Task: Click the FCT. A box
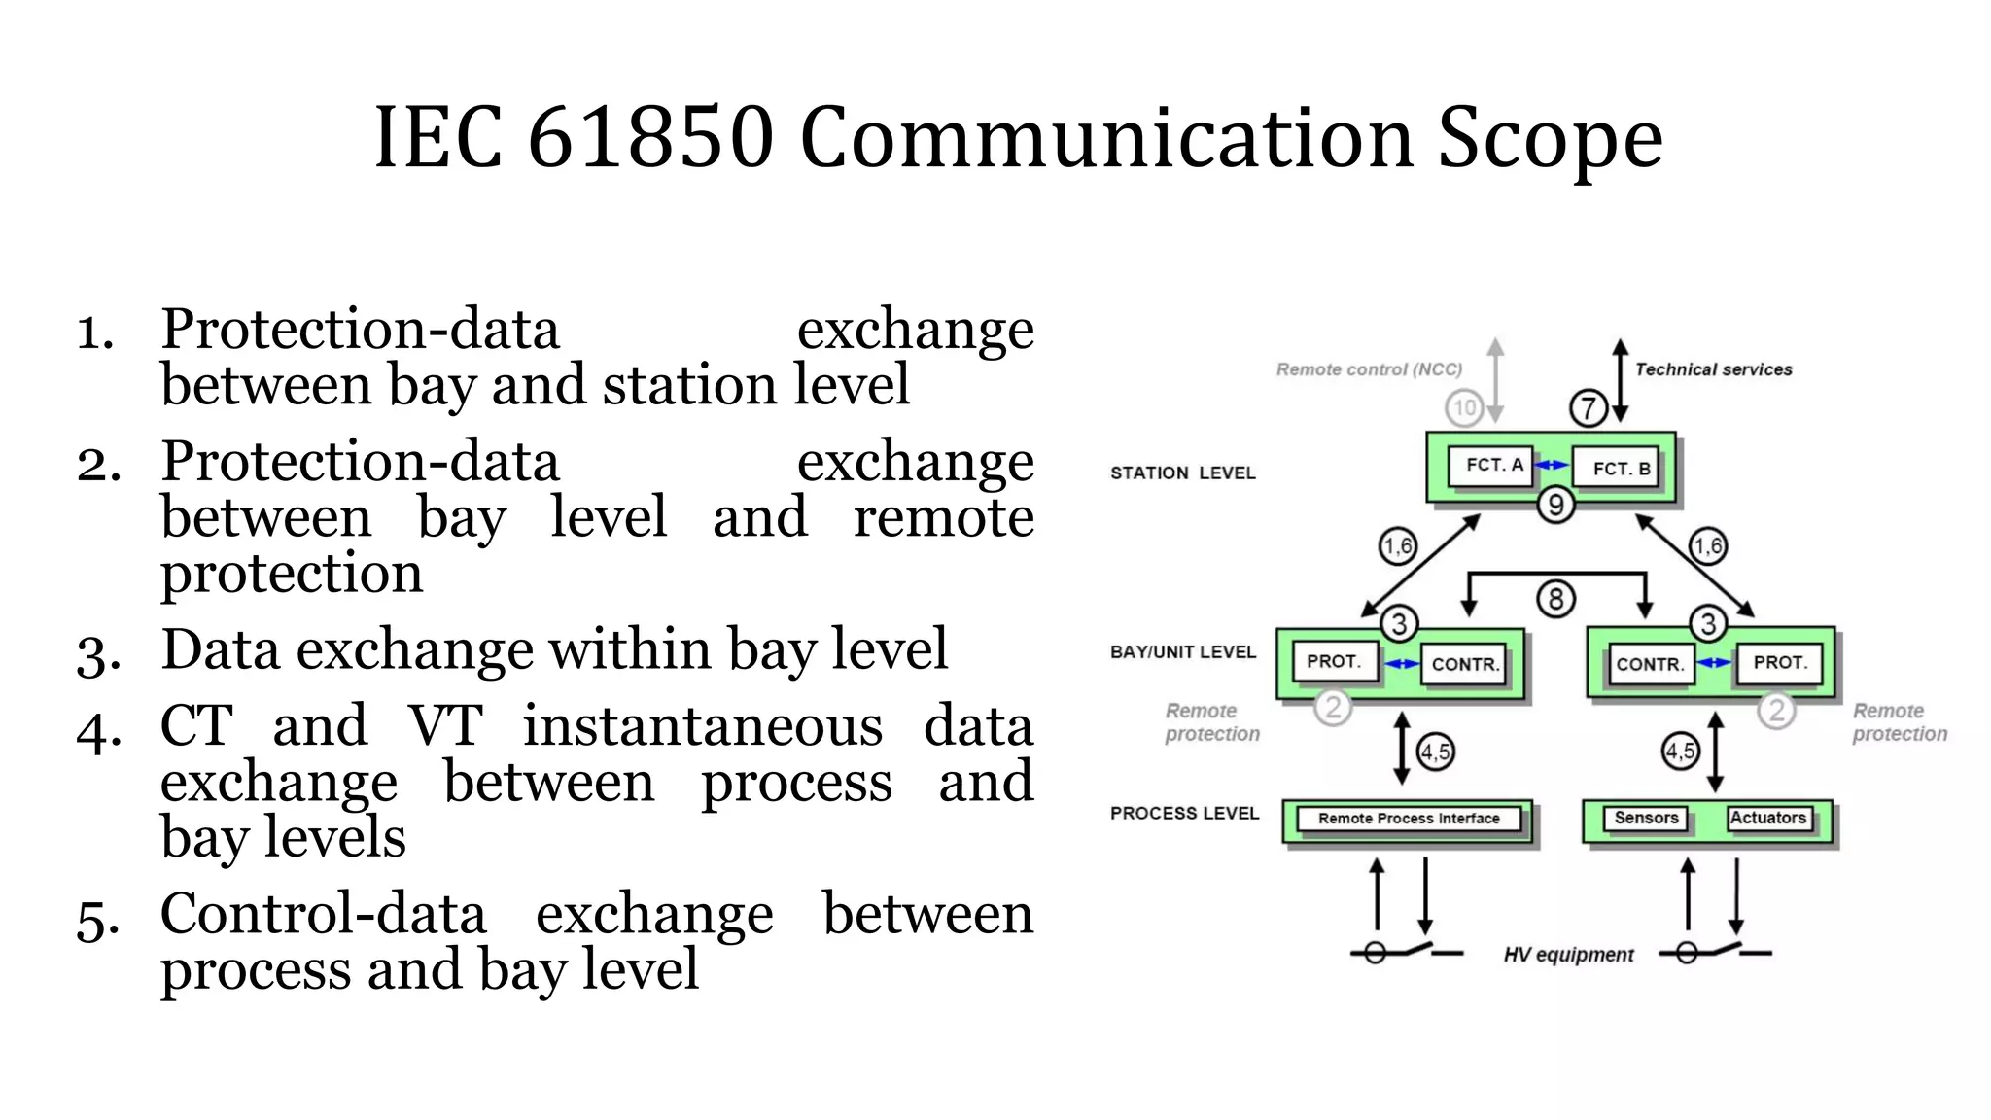[1491, 465]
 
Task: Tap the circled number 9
[1555, 505]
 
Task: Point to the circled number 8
[1555, 599]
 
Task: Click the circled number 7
[1589, 407]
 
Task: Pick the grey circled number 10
[1464, 407]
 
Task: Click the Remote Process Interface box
[1408, 819]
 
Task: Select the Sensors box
[1645, 818]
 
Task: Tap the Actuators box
[1767, 818]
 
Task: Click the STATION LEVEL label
[1182, 473]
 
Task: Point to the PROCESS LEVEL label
[1184, 813]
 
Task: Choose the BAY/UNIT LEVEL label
[1182, 652]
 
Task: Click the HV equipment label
[1568, 955]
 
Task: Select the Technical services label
[1713, 369]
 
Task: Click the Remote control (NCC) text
[1369, 369]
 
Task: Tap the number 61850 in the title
[649, 138]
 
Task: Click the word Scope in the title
[1550, 138]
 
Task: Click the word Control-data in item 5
[323, 914]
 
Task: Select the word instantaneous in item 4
[702, 726]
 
